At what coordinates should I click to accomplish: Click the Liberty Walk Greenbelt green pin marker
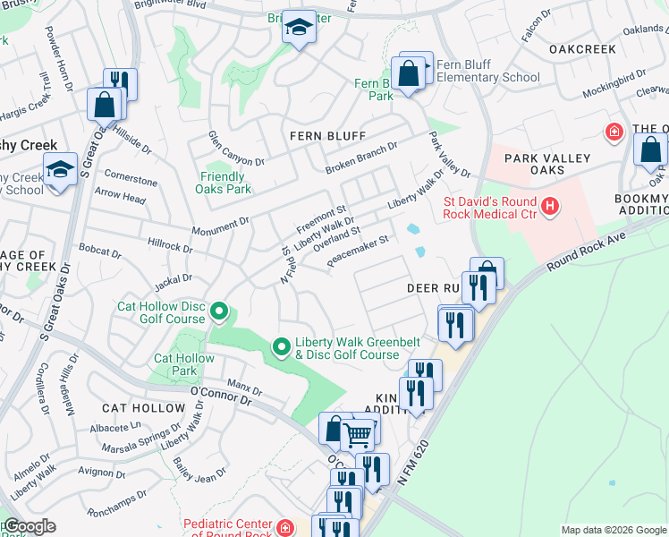(282, 345)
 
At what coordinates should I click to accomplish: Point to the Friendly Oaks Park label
(224, 183)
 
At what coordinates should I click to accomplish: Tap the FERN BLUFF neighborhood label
(327, 136)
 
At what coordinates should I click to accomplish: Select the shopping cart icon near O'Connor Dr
(358, 435)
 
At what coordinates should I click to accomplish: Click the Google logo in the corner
(29, 526)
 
